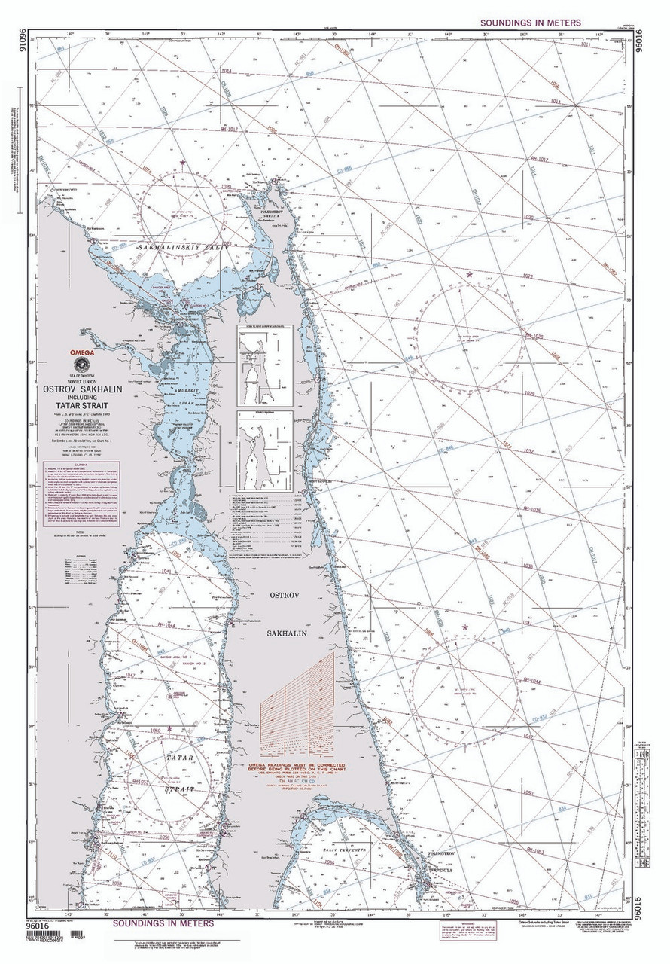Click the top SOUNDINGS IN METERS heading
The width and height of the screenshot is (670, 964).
coord(530,23)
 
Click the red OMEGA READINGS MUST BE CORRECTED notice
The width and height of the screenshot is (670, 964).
coord(301,769)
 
